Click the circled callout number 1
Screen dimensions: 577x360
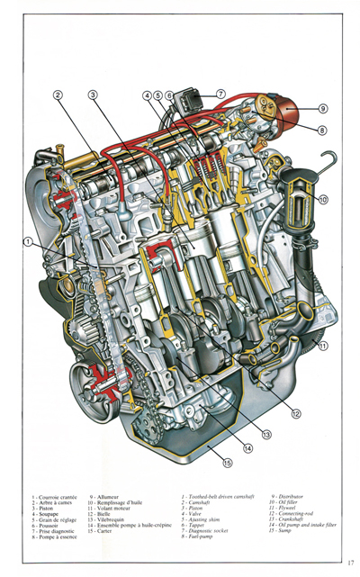coord(29,241)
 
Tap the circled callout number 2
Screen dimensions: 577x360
coord(57,95)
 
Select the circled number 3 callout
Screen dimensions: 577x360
coord(93,95)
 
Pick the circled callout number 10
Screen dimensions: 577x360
coord(323,200)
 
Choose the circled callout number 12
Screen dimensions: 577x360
coord(295,414)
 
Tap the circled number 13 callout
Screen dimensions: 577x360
coord(266,434)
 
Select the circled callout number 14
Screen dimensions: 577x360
coord(247,447)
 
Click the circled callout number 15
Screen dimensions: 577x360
coord(227,463)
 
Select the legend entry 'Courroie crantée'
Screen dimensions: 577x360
coord(55,496)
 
